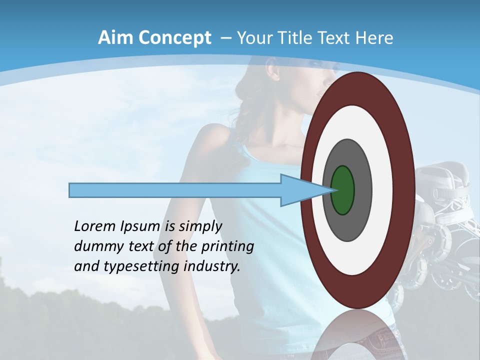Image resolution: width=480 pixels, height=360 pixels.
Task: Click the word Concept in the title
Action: [174, 38]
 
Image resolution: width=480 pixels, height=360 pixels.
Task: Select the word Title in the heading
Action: [303, 38]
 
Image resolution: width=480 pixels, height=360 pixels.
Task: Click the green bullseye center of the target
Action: [342, 190]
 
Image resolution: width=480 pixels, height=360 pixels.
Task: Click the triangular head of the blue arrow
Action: [295, 190]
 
